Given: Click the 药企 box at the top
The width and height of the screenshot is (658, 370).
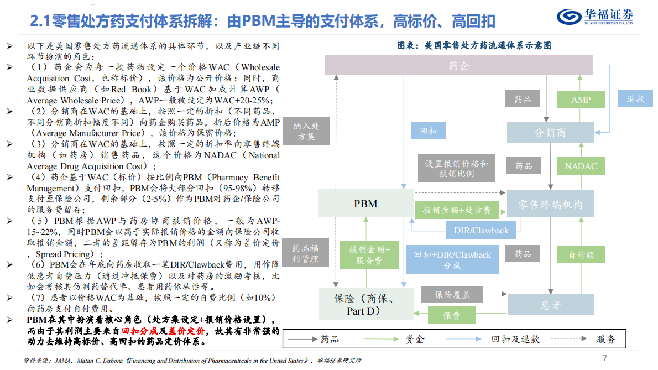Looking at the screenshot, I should click(458, 66).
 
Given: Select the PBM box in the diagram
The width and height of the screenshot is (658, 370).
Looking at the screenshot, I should click(365, 204).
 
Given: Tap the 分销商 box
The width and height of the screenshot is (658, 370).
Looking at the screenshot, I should click(550, 133).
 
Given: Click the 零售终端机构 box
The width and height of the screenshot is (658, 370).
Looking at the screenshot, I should click(550, 204).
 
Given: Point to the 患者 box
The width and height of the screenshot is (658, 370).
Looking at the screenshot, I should click(550, 305).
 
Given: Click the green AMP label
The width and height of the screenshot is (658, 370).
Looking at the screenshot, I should click(581, 100).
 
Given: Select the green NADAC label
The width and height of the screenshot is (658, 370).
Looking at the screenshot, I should click(581, 166).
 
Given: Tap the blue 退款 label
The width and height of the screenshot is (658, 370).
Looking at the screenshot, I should click(636, 99).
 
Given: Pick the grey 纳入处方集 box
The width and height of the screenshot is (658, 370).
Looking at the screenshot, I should click(306, 131).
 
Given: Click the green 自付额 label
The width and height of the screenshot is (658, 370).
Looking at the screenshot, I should click(581, 256).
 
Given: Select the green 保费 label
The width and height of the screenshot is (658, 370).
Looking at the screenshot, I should click(451, 316).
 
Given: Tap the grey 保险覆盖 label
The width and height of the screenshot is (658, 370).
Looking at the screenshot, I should click(452, 295).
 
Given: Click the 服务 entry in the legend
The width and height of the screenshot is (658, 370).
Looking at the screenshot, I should click(605, 339).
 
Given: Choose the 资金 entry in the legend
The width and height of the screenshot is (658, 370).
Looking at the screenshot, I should click(415, 339).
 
